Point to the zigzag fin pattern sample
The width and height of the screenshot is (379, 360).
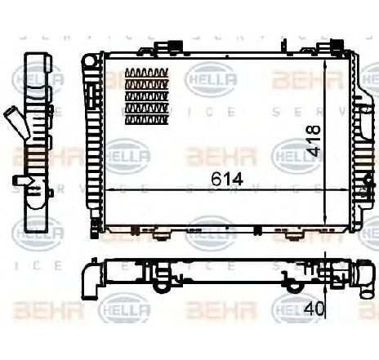(x=147, y=96)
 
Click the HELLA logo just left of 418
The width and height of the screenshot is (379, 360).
(x=292, y=150)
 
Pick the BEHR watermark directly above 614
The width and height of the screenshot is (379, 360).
(x=213, y=152)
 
